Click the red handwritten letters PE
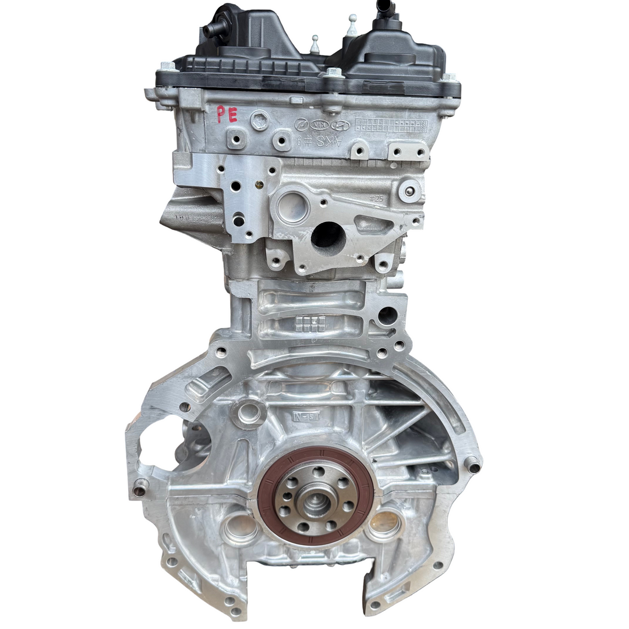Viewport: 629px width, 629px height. point(227,114)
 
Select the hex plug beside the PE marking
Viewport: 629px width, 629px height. point(260,120)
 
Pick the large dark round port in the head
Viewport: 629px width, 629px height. point(328,236)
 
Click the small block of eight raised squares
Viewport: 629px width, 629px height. point(310,324)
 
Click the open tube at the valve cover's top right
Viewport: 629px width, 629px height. point(384,7)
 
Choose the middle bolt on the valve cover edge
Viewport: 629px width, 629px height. point(333,73)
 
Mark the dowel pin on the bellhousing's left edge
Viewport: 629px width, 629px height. point(140,490)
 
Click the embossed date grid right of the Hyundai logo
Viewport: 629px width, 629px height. point(390,125)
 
